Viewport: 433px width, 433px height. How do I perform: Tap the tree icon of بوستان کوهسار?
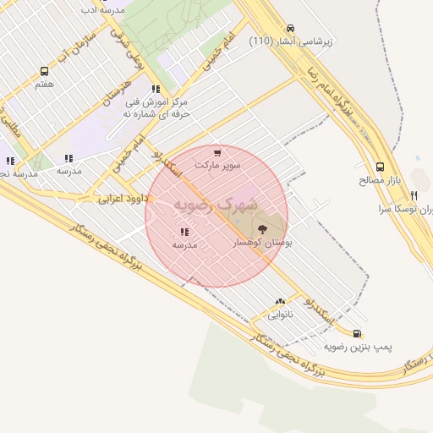pos(259,227)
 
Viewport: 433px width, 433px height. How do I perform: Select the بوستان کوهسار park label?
pos(262,243)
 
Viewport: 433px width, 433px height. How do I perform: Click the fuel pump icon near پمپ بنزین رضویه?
pos(357,333)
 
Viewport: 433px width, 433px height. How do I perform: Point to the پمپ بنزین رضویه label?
pos(359,347)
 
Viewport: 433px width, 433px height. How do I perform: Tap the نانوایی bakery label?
pos(281,315)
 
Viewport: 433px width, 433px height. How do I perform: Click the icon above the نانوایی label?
pos(280,301)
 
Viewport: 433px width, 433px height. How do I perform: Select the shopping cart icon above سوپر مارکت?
pos(217,152)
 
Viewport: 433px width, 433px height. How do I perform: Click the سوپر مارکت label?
pos(218,165)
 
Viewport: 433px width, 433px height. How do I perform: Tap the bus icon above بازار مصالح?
pos(380,167)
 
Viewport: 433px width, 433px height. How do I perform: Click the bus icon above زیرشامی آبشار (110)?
pos(291,28)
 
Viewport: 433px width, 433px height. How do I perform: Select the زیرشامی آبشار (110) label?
pos(292,41)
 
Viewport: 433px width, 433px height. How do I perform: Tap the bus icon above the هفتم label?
pos(44,72)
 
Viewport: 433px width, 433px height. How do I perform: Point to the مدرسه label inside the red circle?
pos(184,244)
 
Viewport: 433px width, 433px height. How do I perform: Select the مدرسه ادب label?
pos(101,9)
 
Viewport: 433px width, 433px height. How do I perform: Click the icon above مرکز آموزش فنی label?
pos(155,89)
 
